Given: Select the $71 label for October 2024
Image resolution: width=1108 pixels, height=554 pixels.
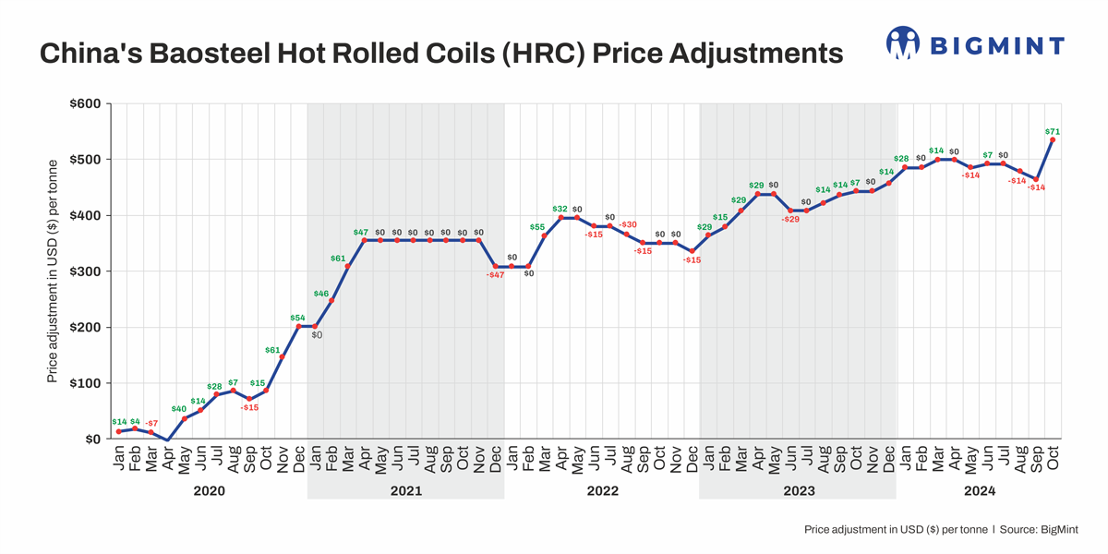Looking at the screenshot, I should [x=1052, y=131].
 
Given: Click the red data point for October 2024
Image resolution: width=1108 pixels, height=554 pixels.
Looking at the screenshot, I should [x=1053, y=140].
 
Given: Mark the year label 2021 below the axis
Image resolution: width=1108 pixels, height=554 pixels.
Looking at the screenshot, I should [x=405, y=491].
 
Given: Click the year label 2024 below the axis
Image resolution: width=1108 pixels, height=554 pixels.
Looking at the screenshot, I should [x=980, y=491].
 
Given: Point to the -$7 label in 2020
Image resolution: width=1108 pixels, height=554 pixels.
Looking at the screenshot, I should [x=151, y=423].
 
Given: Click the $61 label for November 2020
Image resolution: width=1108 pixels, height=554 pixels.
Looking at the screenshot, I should [x=272, y=350].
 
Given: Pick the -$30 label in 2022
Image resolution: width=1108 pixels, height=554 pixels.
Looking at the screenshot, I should [x=628, y=224].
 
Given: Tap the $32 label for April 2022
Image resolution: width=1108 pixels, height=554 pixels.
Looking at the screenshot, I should [x=560, y=209].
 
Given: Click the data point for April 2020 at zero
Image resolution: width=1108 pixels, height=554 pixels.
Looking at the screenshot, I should [x=168, y=440].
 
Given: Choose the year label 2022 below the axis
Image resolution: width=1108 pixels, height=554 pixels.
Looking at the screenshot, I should [x=602, y=491].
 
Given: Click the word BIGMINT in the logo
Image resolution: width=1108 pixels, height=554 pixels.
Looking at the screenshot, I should [x=995, y=44].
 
